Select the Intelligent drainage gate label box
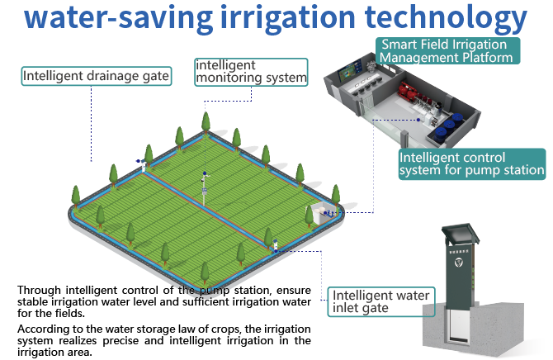coord(96,77)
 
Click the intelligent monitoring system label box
coord(250,71)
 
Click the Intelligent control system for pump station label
coord(470,163)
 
